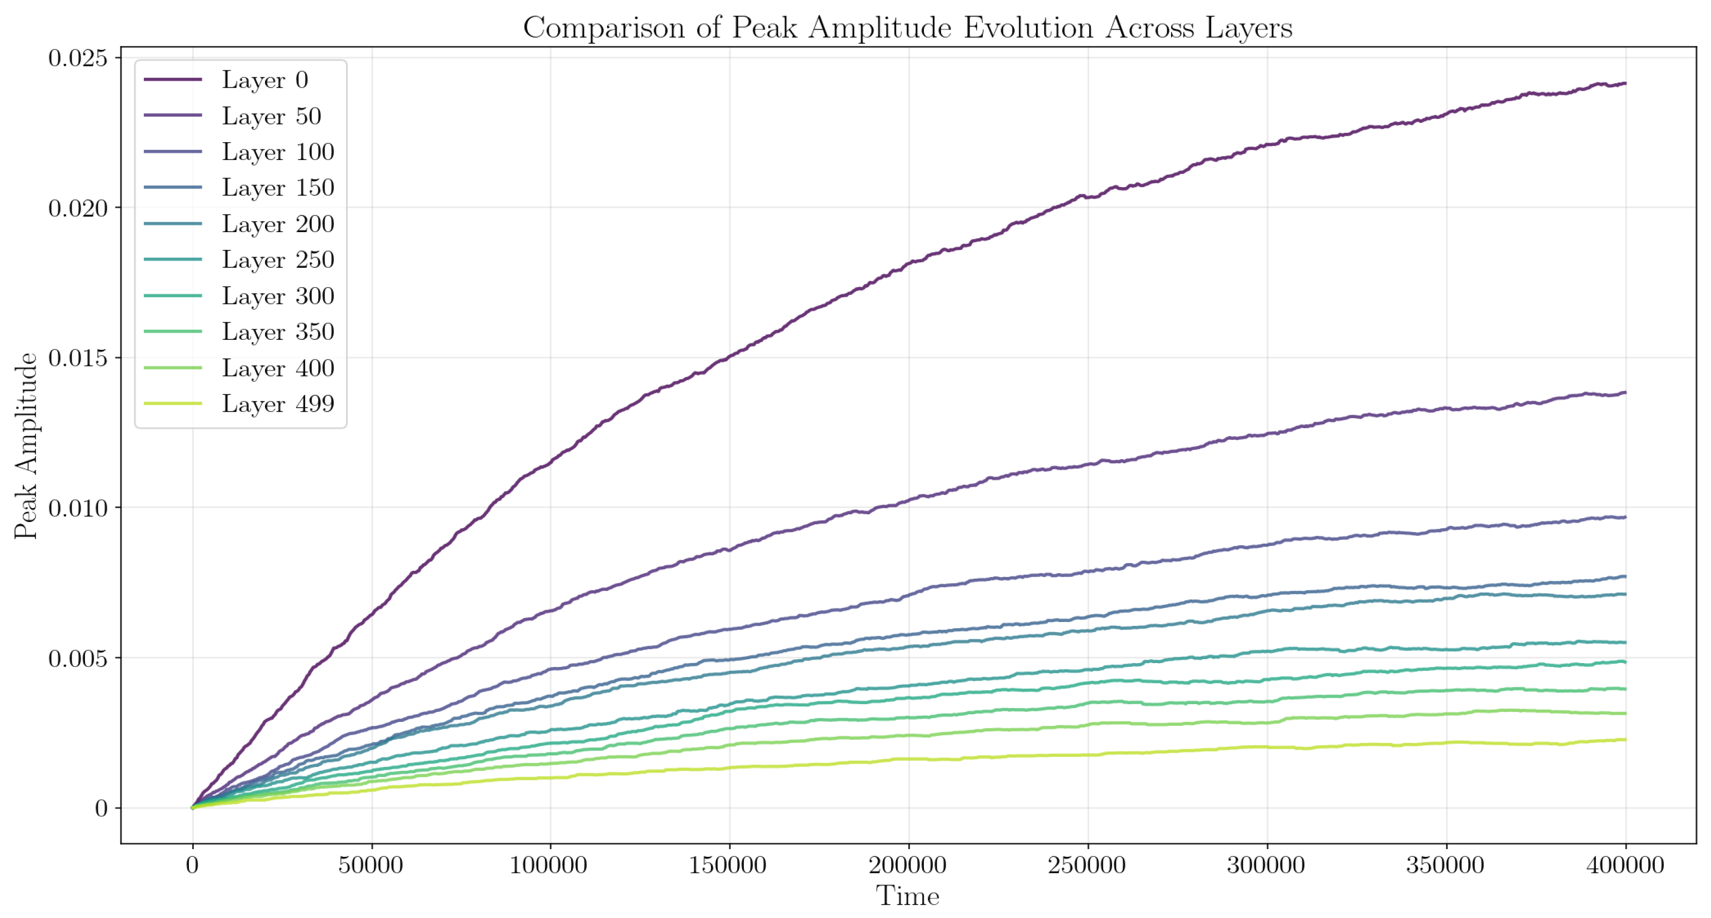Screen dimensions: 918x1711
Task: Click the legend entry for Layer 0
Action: click(264, 79)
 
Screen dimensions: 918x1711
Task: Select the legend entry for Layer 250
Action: click(278, 259)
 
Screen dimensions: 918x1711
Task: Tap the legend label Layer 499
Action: click(278, 404)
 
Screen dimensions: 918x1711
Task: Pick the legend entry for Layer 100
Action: click(278, 152)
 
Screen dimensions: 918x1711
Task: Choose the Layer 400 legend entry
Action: click(278, 368)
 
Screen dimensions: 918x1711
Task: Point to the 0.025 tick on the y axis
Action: click(78, 58)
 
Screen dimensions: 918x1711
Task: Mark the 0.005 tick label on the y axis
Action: click(78, 659)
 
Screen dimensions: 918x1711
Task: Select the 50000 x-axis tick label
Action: click(371, 865)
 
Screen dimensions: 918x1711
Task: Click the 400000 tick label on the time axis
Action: click(1625, 865)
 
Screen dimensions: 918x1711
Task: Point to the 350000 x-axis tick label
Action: click(1445, 865)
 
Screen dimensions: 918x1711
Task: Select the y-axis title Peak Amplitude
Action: click(27, 445)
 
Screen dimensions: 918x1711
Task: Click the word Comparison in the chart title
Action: click(604, 28)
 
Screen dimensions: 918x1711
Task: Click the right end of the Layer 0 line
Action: click(1625, 83)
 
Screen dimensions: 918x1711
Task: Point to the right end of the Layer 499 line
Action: click(1625, 739)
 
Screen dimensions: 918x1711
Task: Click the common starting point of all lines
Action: click(193, 808)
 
